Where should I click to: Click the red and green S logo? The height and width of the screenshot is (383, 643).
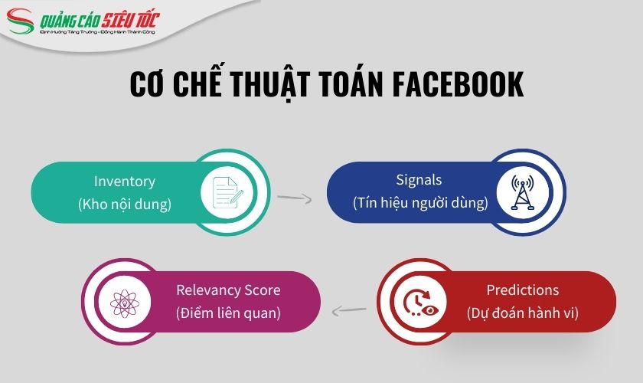click(x=23, y=21)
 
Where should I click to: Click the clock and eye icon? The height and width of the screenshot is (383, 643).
click(x=419, y=302)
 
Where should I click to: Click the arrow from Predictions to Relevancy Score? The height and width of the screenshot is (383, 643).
click(x=348, y=309)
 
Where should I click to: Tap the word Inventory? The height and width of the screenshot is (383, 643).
click(x=125, y=182)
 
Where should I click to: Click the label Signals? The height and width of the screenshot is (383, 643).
click(x=419, y=182)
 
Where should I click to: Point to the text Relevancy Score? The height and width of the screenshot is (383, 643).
click(x=228, y=290)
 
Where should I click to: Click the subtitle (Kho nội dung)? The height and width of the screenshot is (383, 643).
click(x=125, y=205)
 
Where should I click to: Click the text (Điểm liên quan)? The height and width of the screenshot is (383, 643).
click(x=228, y=313)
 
